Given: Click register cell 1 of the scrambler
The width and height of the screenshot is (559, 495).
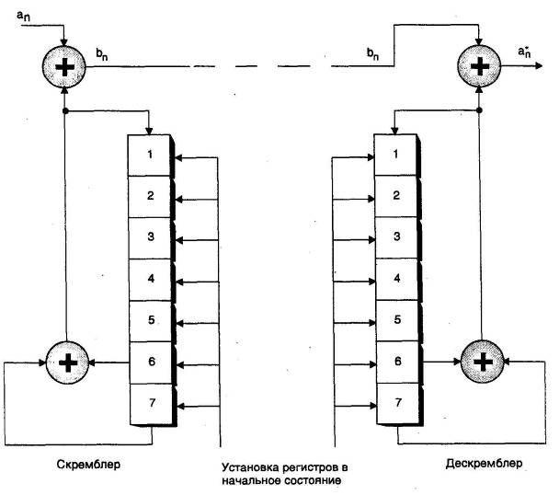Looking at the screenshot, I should tap(150, 154).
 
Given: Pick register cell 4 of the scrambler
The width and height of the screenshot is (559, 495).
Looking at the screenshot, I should tap(150, 278).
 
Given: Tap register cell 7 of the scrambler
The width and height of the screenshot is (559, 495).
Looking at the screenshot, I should tap(150, 403).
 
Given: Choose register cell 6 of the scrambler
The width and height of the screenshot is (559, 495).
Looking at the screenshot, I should tap(150, 362).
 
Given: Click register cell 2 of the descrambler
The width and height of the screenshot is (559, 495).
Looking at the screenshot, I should tap(396, 195).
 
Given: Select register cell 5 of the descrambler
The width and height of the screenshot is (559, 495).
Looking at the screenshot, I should tap(396, 319).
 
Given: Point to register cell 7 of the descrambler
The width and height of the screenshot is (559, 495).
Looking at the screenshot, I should tap(396, 403).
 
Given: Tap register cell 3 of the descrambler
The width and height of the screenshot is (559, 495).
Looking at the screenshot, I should tap(396, 236).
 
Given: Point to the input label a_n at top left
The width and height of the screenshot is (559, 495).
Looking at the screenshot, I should tap(25, 16).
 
